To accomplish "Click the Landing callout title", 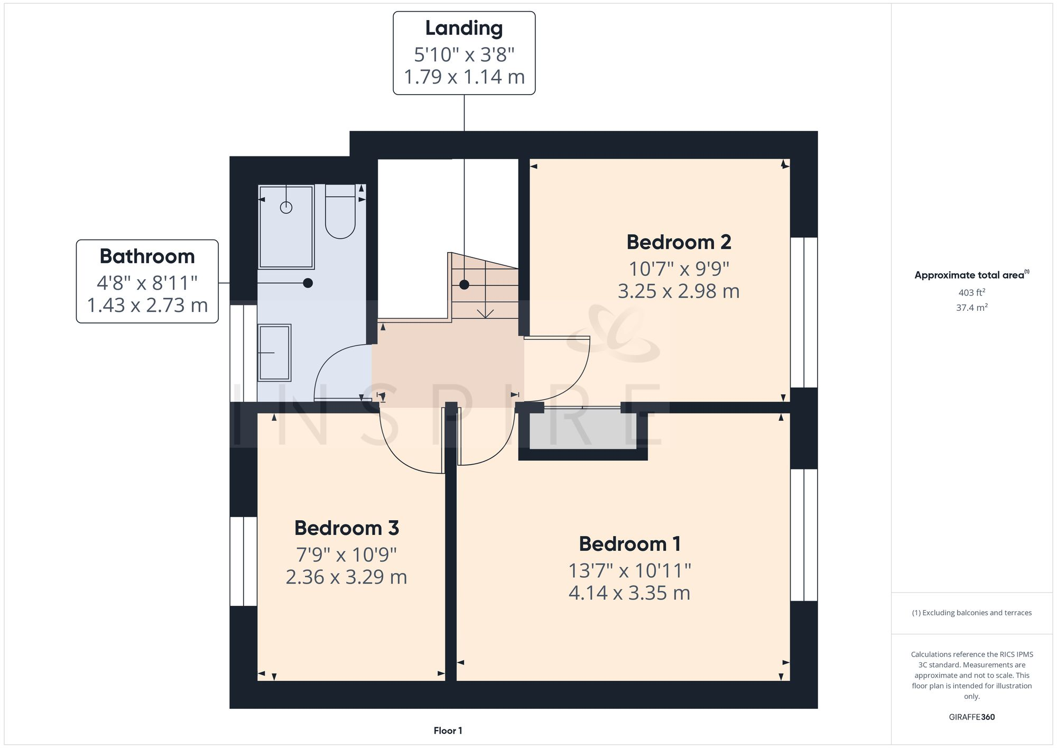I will pyautogui.click(x=463, y=29).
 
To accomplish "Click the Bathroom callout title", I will pyautogui.click(x=147, y=256).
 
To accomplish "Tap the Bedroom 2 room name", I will pyautogui.click(x=679, y=242).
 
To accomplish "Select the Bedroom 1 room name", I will pyautogui.click(x=629, y=544).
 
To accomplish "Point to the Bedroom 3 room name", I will pyautogui.click(x=346, y=528).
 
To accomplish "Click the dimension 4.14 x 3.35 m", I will pyautogui.click(x=629, y=593).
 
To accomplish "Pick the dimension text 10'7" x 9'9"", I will pyautogui.click(x=679, y=269).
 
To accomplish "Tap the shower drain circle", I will pyautogui.click(x=286, y=208).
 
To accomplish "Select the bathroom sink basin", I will pyautogui.click(x=274, y=353).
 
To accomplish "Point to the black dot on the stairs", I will pyautogui.click(x=464, y=285).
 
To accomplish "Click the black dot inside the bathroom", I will pyautogui.click(x=308, y=283).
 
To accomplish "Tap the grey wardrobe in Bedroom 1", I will pyautogui.click(x=582, y=431).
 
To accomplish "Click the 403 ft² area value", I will pyautogui.click(x=971, y=292).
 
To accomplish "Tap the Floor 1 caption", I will pyautogui.click(x=448, y=731).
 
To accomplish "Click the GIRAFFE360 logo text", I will pyautogui.click(x=971, y=717).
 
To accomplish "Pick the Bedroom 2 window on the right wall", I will pyautogui.click(x=804, y=312).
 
